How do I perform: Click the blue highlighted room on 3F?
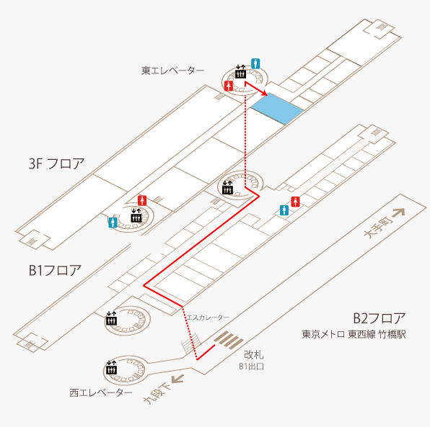tap(277, 109)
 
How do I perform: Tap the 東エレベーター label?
tap(172, 71)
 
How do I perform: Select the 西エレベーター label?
tap(101, 392)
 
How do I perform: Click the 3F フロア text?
tap(56, 163)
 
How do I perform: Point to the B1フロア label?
tap(55, 270)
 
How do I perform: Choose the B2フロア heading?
tap(379, 318)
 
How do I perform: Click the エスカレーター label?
tap(208, 318)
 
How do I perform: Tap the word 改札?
tap(254, 355)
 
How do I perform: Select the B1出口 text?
tap(251, 367)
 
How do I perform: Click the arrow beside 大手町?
tap(399, 212)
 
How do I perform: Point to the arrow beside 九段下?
tap(177, 379)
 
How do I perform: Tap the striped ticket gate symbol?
tap(229, 340)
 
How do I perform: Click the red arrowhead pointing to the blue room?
tap(264, 93)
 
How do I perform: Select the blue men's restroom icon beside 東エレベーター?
tap(255, 64)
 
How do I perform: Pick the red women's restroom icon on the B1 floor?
tap(295, 202)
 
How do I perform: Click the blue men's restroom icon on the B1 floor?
tap(284, 210)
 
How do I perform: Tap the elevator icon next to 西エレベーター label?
tap(111, 367)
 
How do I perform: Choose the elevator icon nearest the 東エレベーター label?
tap(240, 71)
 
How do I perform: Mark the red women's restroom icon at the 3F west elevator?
tap(142, 201)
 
